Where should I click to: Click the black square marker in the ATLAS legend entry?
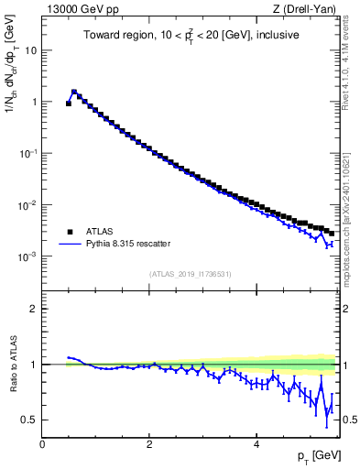click(70, 232)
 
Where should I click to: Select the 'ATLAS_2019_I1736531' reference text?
click(189, 274)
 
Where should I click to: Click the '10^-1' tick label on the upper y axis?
click(27, 154)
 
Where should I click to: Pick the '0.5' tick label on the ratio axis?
click(28, 420)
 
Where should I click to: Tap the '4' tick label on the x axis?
click(256, 442)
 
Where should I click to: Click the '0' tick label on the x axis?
click(42, 442)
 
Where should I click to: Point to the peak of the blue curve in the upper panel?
click(74, 92)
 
